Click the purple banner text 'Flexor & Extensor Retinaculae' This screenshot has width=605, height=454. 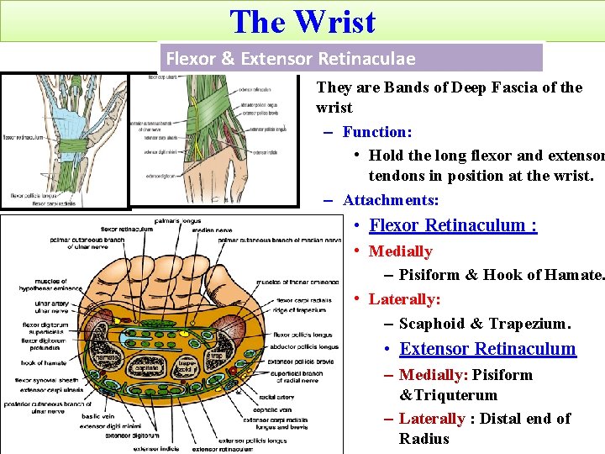pos(291,58)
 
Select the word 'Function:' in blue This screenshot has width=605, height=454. pos(377,131)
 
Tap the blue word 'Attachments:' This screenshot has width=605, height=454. pos(391,200)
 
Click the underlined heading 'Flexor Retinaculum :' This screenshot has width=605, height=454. pos(453,225)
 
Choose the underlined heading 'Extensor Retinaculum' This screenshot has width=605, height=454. pos(487,349)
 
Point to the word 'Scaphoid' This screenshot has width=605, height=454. pos(432,324)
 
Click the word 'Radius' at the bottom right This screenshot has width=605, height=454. pos(424,438)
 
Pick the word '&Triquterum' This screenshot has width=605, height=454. pos(448,394)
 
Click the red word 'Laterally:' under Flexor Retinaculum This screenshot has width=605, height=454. pos(404,299)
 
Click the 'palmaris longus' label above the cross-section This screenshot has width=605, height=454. pos(176,221)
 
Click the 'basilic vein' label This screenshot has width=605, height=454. pos(98,415)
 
